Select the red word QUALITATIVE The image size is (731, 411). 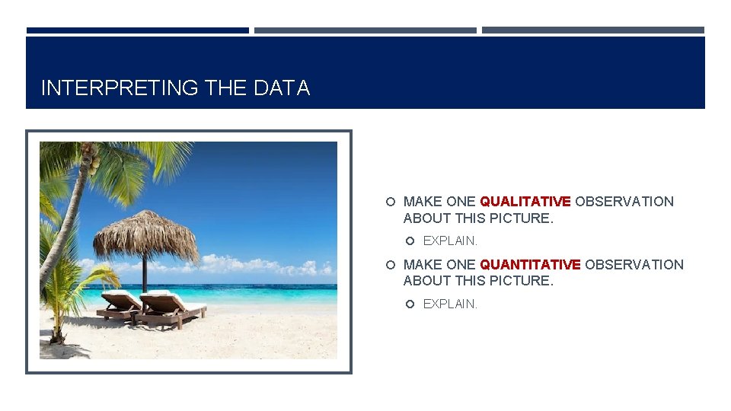(525, 202)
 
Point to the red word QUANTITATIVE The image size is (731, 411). (530, 264)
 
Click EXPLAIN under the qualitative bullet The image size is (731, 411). (450, 241)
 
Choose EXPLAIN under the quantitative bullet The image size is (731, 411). (450, 304)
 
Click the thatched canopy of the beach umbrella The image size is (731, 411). (145, 232)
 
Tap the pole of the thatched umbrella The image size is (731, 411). (145, 274)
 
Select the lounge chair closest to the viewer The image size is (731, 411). (171, 307)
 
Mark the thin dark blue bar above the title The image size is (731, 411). (138, 30)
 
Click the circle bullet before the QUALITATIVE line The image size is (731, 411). (391, 202)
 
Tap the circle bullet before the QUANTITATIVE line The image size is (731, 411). (391, 264)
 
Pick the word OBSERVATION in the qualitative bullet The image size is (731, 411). (624, 202)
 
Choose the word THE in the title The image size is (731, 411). (226, 88)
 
